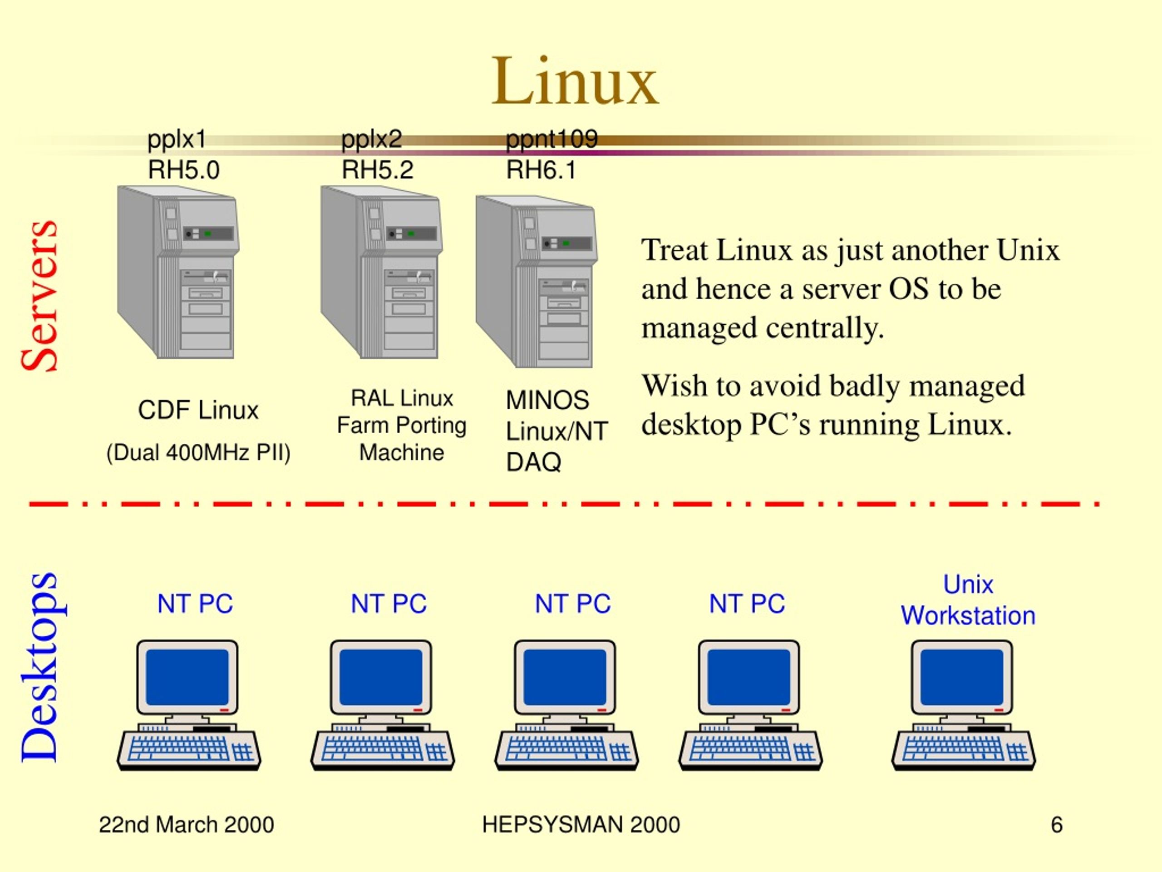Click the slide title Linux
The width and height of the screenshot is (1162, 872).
point(575,81)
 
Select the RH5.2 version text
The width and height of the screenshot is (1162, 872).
point(377,170)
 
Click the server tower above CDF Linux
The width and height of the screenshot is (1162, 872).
point(178,272)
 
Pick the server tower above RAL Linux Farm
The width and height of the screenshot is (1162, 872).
point(381,272)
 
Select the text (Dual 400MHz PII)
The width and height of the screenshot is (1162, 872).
point(198,452)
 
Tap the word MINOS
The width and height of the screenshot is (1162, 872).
point(547,401)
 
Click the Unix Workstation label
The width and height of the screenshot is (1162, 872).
point(968,600)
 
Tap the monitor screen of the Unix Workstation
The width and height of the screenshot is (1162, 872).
point(962,677)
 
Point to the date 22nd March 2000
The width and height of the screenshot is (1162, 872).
point(187,825)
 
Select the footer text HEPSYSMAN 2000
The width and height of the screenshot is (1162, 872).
point(581,825)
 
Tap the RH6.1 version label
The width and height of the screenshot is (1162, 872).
point(541,170)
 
